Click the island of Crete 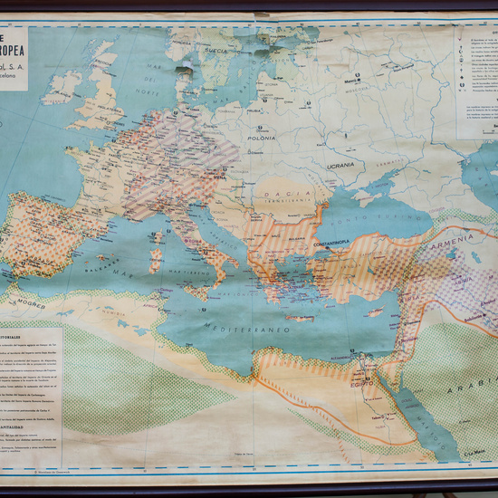(x=300, y=318)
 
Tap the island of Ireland (x=62, y=88)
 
